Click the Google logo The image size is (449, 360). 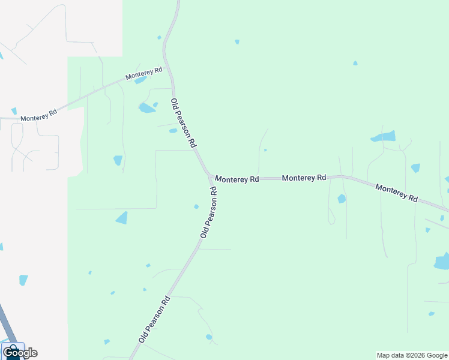[x=20, y=353]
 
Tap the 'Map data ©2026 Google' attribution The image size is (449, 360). [x=412, y=355]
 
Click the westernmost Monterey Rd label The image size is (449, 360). [x=38, y=115]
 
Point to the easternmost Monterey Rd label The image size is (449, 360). [x=396, y=193]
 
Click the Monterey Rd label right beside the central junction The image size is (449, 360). [x=237, y=179]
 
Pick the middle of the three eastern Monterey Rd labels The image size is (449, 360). [x=304, y=178]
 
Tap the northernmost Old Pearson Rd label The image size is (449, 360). [x=183, y=123]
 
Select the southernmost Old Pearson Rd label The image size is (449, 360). [x=155, y=319]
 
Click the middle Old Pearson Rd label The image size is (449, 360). [x=208, y=212]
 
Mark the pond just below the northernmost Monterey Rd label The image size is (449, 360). [x=140, y=80]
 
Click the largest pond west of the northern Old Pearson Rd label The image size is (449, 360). [x=146, y=108]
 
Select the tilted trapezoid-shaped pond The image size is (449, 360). [x=122, y=218]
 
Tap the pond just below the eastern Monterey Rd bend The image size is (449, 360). [x=342, y=199]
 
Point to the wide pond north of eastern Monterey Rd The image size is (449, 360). [x=384, y=136]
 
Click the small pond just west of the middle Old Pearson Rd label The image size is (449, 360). [x=196, y=207]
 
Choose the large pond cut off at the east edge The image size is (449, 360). [x=442, y=261]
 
